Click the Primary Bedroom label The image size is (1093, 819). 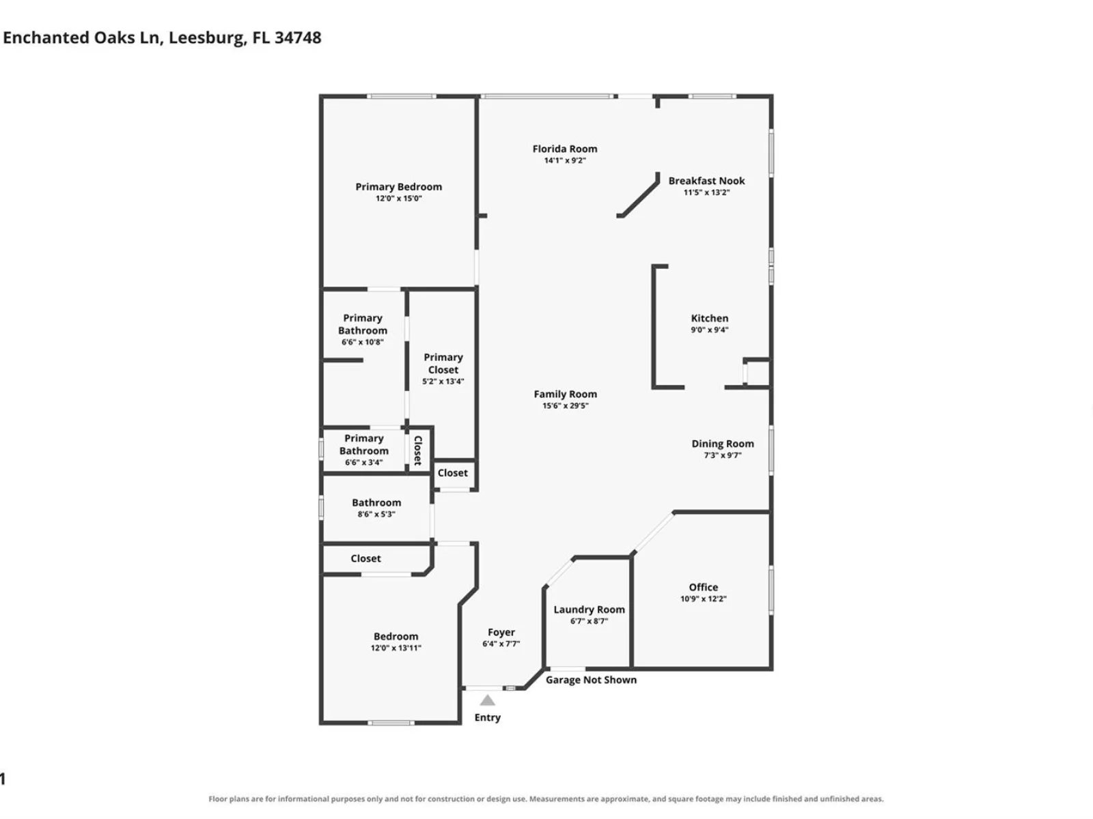tap(398, 187)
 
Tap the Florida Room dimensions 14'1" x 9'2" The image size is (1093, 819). tap(565, 160)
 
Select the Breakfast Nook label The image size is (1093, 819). tap(706, 181)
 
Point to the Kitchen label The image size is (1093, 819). tap(709, 318)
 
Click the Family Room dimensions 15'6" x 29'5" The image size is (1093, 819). tap(565, 406)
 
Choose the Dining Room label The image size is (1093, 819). tap(722, 444)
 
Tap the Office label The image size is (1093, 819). tap(703, 587)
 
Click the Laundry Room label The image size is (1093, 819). tap(589, 609)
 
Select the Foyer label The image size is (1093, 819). tap(501, 633)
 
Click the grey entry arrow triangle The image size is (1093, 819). tap(487, 701)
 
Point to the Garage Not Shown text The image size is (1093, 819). tap(591, 680)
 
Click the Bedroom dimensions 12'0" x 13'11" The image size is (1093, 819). tap(396, 648)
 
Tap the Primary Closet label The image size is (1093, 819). tap(443, 364)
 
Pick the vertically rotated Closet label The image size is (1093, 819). tap(418, 450)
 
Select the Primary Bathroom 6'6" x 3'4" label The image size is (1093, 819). tap(364, 450)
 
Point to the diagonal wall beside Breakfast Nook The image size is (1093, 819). tap(638, 195)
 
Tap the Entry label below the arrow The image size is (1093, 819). tap(488, 717)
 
